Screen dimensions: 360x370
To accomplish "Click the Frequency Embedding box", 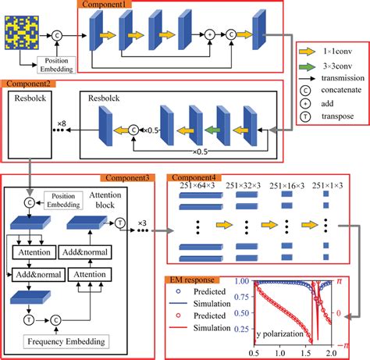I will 56,341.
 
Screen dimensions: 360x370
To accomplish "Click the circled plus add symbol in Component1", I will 208,35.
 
